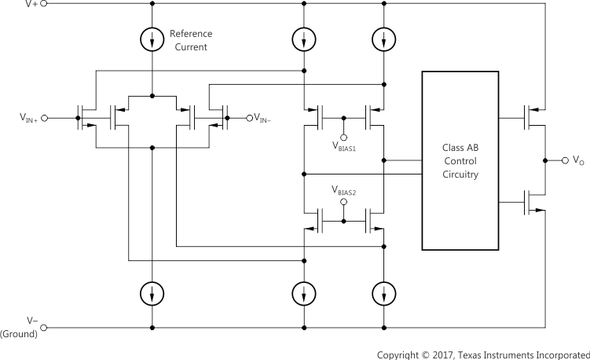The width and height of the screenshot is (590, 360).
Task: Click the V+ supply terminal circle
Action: click(43, 3)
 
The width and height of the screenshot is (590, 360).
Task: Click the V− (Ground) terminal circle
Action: click(43, 327)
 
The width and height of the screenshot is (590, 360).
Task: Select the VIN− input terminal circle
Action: click(250, 118)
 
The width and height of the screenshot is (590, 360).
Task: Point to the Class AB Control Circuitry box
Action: click(460, 160)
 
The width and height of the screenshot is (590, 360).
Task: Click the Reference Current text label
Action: click(191, 41)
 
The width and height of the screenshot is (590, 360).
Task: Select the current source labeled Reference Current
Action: click(152, 41)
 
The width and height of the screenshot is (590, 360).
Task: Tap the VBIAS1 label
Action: click(344, 146)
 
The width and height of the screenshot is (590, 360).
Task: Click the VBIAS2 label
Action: click(344, 190)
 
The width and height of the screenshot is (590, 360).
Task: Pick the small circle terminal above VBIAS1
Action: click(344, 136)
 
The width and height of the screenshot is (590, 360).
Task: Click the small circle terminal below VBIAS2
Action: click(344, 201)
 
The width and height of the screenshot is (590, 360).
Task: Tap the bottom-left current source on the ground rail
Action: click(152, 293)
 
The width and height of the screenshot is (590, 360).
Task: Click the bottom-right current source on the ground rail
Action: click(383, 293)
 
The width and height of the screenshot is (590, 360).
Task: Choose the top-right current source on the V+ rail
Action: click(383, 39)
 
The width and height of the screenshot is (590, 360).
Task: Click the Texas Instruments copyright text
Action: click(482, 354)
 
